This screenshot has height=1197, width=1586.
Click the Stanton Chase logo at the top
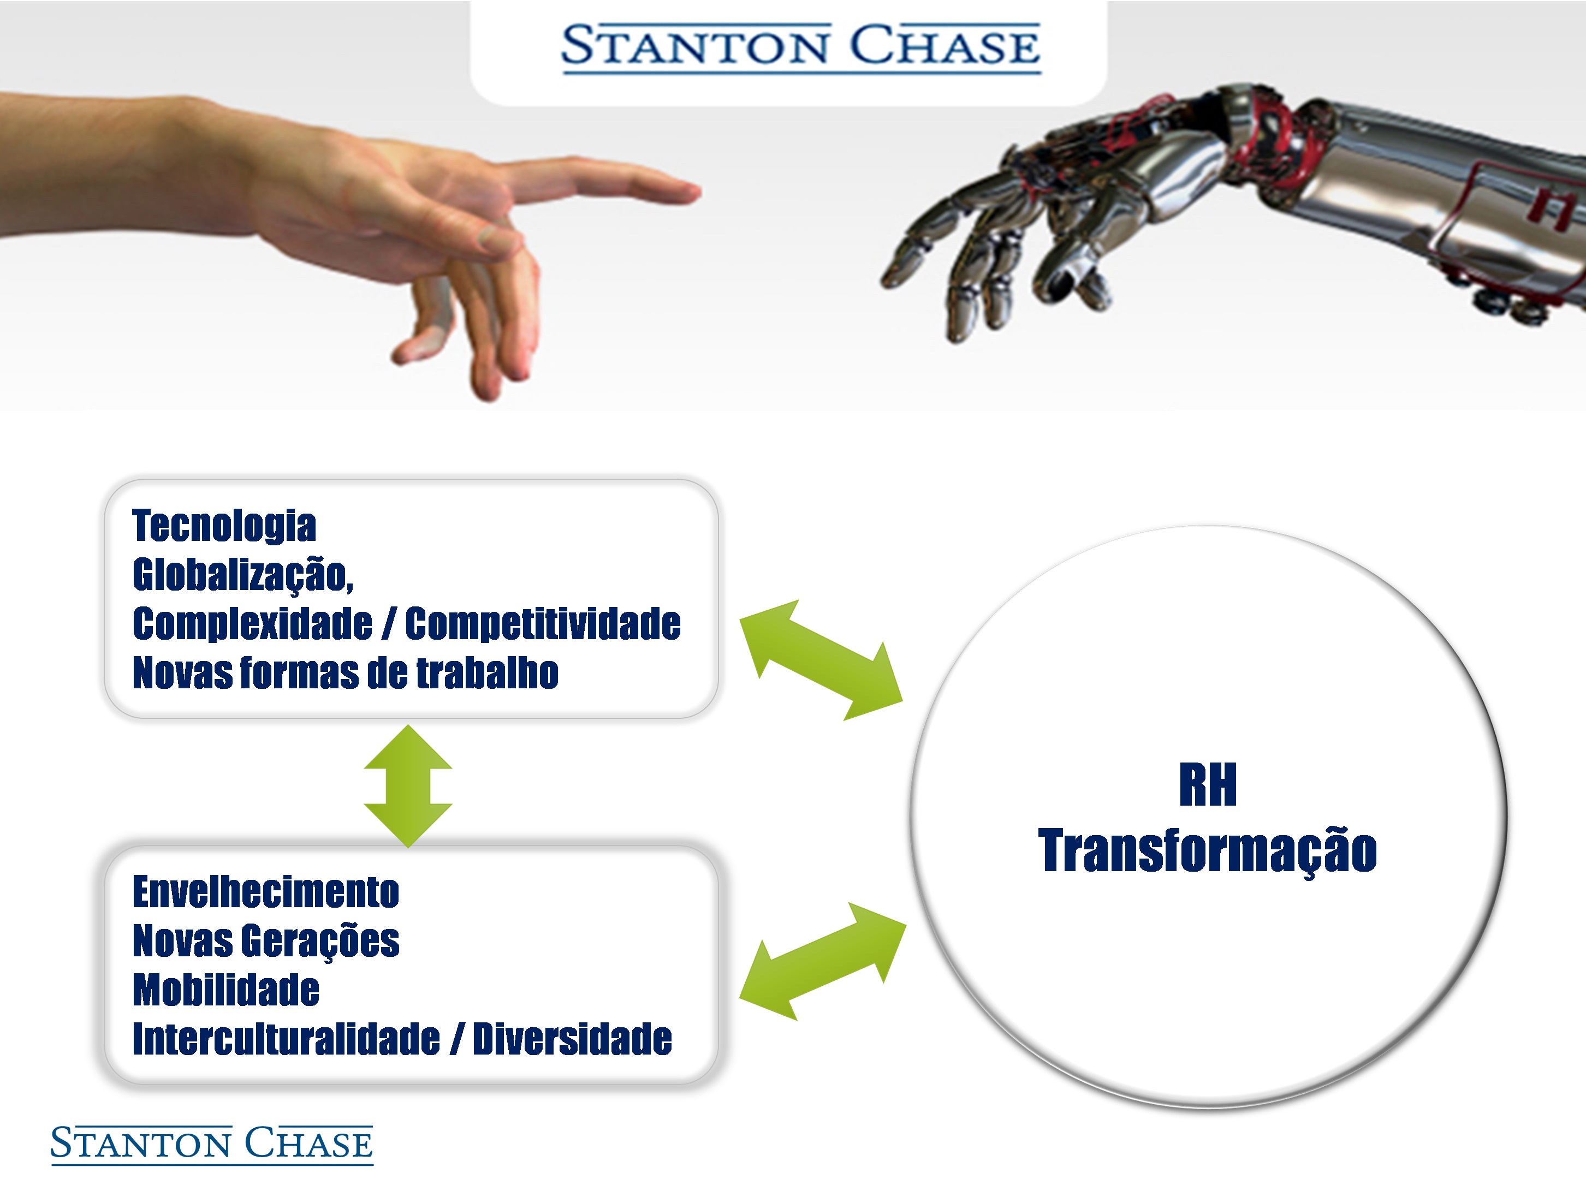[800, 47]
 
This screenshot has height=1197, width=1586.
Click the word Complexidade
[252, 623]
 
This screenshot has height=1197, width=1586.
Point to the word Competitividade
[543, 623]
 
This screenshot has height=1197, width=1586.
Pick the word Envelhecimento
[266, 892]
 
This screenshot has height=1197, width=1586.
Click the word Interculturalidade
[286, 1039]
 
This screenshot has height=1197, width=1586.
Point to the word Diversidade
[572, 1039]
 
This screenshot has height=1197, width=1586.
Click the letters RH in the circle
[1208, 785]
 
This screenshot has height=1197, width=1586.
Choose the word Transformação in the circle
[1208, 851]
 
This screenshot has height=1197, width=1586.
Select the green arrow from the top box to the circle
[821, 660]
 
